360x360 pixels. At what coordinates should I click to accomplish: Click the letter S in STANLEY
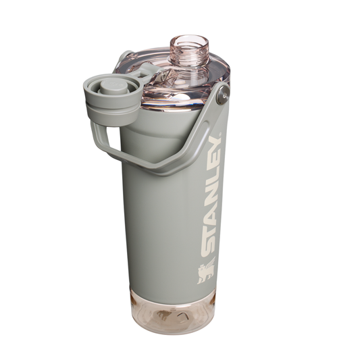point(209,246)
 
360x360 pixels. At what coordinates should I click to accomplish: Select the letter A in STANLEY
point(211,211)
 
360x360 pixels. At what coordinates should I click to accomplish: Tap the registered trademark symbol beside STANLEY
point(220,134)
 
